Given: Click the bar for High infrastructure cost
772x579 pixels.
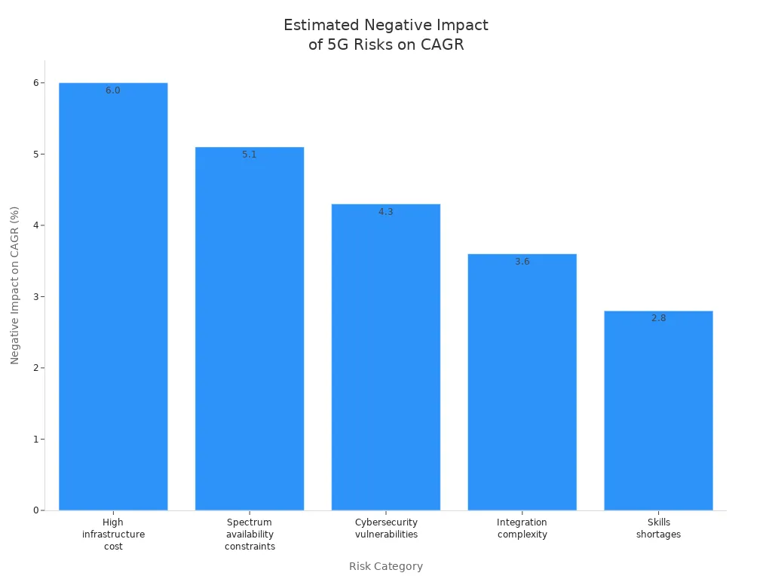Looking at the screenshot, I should click(113, 302).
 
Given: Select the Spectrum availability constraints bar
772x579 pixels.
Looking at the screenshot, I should click(250, 332).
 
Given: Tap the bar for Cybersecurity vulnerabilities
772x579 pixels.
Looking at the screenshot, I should click(386, 362).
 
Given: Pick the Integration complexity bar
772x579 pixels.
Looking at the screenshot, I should click(522, 384).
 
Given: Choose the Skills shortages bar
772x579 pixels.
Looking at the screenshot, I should click(658, 415).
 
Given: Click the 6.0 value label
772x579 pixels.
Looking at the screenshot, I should click(113, 90).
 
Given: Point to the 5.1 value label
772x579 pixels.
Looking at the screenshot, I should click(250, 155).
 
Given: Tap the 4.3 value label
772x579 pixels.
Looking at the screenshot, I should click(386, 212).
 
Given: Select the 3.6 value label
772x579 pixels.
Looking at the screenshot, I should click(522, 262).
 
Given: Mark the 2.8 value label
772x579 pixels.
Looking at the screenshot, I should click(658, 318).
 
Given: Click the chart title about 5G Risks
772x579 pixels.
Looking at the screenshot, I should click(386, 35).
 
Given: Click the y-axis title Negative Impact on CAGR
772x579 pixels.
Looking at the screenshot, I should click(15, 285).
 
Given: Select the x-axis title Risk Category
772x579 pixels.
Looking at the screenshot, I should click(386, 566).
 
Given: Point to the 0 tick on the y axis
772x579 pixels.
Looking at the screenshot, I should click(35, 510).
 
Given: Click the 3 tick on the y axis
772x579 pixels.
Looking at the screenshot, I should click(35, 296).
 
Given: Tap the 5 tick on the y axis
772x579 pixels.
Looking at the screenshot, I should click(35, 154).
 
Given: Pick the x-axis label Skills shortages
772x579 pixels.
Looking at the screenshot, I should click(658, 528).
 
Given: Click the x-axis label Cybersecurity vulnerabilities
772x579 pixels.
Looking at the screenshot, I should click(386, 528).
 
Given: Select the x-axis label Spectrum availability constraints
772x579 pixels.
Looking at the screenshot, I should click(250, 534).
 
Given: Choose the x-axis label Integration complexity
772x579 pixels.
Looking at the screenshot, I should click(522, 528).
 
